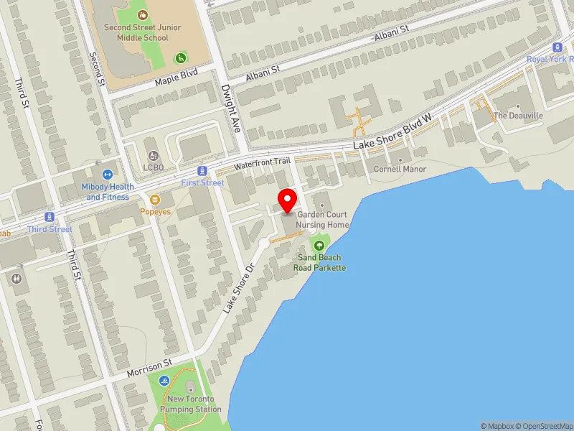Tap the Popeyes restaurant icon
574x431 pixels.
[x=155, y=200]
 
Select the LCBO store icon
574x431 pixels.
[x=152, y=155]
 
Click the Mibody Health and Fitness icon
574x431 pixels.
[x=108, y=174]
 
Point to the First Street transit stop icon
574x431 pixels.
[x=202, y=171]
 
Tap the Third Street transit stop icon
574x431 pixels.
[x=50, y=217]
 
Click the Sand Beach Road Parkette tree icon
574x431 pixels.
[x=319, y=246]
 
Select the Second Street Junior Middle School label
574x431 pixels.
[x=142, y=32]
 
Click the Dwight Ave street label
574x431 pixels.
[x=230, y=108]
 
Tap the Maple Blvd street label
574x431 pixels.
[x=176, y=79]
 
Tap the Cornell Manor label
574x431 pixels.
[x=400, y=170]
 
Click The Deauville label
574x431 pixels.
[x=518, y=116]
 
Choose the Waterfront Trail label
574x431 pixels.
[x=263, y=164]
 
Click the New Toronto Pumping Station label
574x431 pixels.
[x=194, y=404]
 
